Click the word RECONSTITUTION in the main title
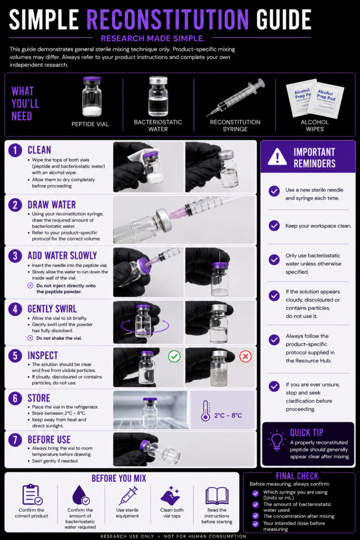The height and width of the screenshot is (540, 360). (x=168, y=19)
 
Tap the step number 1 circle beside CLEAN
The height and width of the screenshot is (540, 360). (x=15, y=150)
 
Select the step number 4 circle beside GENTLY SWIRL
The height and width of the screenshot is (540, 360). (x=15, y=309)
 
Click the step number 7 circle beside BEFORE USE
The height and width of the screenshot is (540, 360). (x=15, y=440)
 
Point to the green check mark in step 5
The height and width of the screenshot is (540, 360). (x=174, y=356)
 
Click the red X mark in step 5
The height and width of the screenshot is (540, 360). (x=246, y=356)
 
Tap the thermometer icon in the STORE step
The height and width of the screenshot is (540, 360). (x=206, y=411)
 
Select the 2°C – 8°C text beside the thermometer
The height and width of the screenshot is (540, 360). (x=228, y=416)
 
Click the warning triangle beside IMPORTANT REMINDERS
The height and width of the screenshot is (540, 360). (x=277, y=157)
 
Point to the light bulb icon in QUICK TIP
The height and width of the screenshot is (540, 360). (x=277, y=440)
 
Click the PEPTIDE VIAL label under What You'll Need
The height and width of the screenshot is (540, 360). (x=90, y=124)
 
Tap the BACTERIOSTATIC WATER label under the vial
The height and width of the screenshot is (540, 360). (x=158, y=126)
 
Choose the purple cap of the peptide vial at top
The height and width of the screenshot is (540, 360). (x=92, y=79)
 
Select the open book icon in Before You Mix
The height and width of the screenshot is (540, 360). (x=217, y=496)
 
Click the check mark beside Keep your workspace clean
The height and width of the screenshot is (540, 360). (x=274, y=226)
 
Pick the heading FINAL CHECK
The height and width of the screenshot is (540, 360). (x=297, y=476)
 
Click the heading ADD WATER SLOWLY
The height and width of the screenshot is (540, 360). (x=62, y=256)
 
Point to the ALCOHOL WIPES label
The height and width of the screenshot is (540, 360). (x=315, y=126)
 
